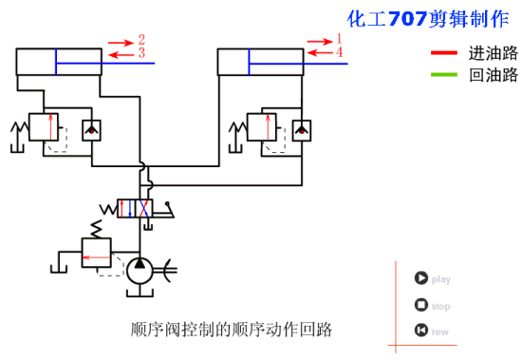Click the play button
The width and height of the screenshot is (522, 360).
click(x=420, y=278)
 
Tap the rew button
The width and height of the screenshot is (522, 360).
click(x=420, y=331)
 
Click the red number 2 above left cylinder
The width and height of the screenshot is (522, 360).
click(x=141, y=40)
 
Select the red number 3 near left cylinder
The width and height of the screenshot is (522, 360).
click(x=141, y=54)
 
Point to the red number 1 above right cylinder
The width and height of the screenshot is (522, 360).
click(x=339, y=39)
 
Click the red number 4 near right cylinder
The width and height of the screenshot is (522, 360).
click(x=339, y=52)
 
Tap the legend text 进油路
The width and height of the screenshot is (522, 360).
click(x=493, y=52)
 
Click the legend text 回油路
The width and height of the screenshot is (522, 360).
click(x=493, y=74)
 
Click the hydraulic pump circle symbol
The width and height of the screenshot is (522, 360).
click(x=140, y=268)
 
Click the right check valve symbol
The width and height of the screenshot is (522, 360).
click(x=301, y=129)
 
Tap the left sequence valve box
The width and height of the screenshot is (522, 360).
click(x=44, y=127)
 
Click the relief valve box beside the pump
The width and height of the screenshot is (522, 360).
click(x=96, y=253)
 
